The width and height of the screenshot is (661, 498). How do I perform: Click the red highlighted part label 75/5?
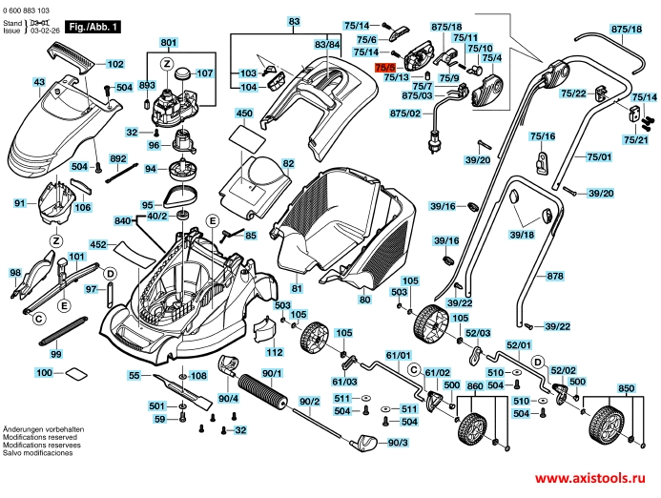click(x=385, y=68)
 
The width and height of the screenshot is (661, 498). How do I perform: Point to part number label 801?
click(x=169, y=44)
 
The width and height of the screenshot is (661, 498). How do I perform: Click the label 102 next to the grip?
click(x=114, y=64)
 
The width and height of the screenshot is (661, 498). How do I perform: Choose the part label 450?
click(x=244, y=113)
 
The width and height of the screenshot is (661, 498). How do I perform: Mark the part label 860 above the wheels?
click(x=475, y=388)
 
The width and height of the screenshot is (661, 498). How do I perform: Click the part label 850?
click(x=625, y=388)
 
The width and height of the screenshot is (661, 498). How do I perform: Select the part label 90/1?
click(x=272, y=373)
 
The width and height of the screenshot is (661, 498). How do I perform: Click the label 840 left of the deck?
click(x=121, y=220)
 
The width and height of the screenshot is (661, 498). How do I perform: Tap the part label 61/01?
click(x=398, y=355)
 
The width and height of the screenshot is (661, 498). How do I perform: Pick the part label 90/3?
click(x=398, y=442)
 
